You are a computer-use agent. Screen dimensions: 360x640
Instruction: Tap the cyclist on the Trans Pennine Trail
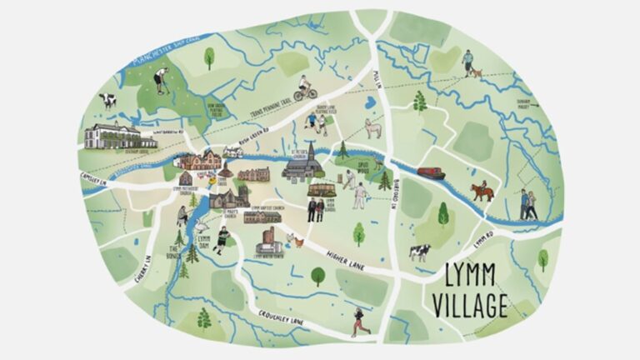pyautogui.click(x=304, y=87)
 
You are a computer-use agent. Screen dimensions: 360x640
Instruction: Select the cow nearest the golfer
pyautogui.click(x=107, y=101)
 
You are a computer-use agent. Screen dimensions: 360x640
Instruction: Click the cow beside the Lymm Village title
pyautogui.click(x=419, y=251)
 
